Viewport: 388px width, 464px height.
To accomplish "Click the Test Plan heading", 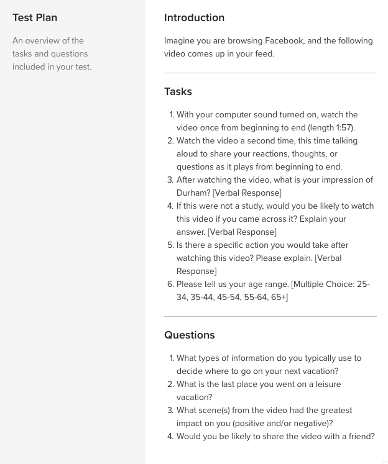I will point(35,18).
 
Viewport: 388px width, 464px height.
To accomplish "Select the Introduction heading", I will point(194,18).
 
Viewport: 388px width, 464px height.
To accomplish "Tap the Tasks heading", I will point(178,92).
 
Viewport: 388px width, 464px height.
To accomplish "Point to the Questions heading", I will point(189,335).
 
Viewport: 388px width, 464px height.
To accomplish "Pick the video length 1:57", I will point(344,128).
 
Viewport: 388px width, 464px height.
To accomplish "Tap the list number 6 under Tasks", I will point(170,284).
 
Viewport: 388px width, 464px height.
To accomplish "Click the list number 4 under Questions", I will point(170,437).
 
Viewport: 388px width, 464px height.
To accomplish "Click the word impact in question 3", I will point(190,424).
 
